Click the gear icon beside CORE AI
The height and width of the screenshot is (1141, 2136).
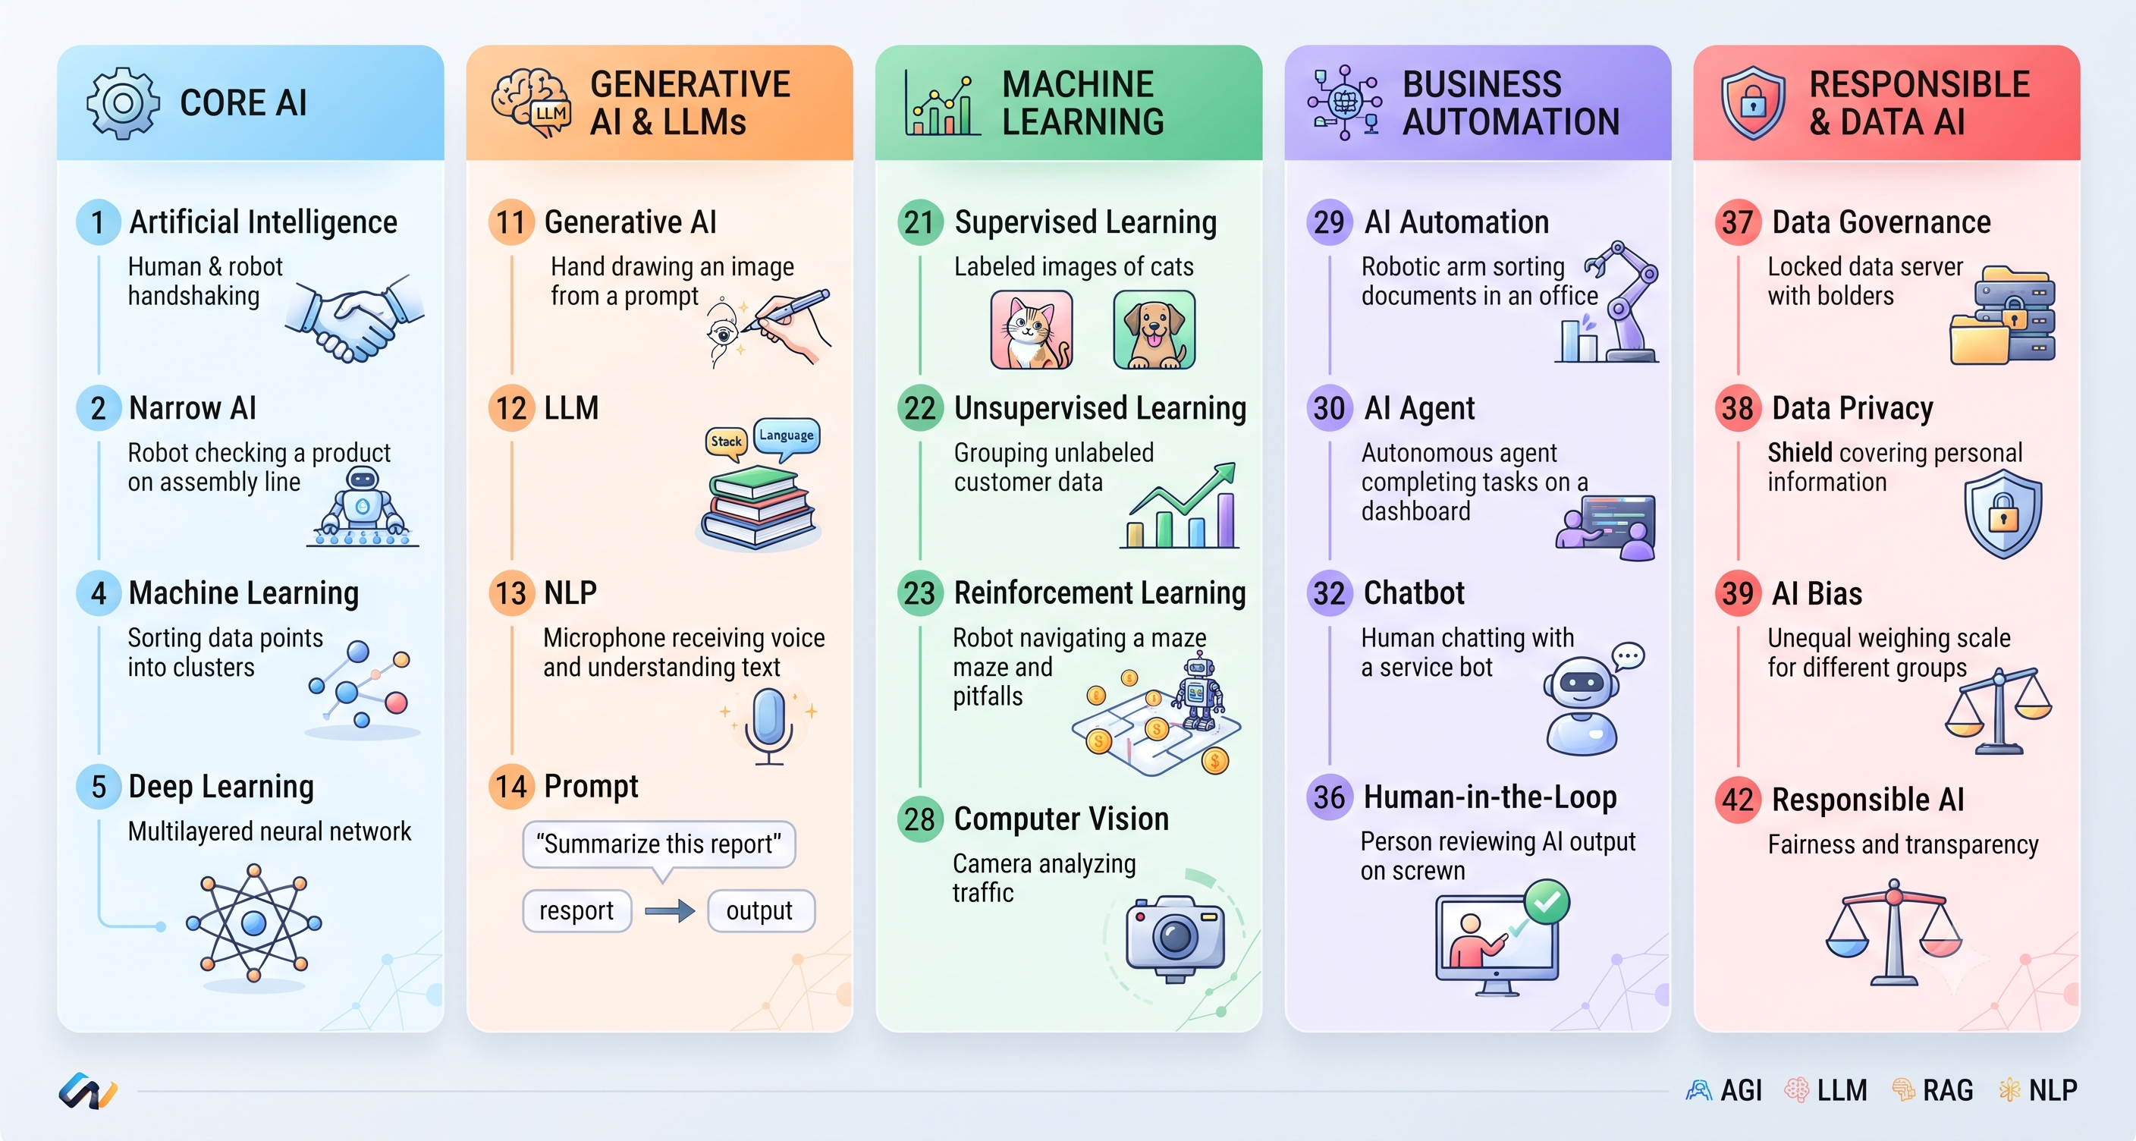123,103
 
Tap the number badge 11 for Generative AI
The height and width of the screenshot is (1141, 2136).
510,222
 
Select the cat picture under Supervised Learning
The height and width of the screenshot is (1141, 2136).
1032,329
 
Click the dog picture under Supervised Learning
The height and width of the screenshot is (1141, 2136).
1154,329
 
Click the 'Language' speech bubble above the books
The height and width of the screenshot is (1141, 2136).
787,437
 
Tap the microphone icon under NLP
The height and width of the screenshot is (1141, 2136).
768,725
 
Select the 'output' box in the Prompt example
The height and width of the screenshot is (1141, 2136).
760,910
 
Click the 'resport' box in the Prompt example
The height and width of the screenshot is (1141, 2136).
576,910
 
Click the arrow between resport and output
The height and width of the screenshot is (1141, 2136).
670,911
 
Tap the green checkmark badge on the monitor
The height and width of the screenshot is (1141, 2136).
1547,901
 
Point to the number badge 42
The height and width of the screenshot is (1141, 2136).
1738,800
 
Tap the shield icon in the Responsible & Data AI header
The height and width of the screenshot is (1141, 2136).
1753,103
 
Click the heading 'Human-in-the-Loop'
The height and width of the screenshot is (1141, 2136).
1490,797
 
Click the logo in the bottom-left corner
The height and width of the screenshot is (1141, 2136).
88,1091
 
